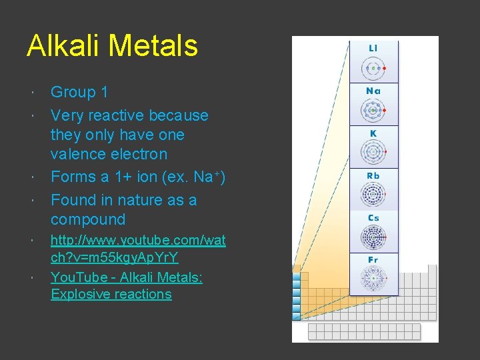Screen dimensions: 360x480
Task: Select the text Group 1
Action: click(79, 93)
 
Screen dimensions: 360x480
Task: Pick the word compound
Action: click(88, 219)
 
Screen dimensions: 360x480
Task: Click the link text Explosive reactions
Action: click(111, 294)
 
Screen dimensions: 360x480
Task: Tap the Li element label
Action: click(373, 49)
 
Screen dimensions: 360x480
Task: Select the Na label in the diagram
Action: click(373, 91)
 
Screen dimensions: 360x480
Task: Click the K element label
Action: click(373, 133)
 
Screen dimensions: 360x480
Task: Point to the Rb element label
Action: click(373, 176)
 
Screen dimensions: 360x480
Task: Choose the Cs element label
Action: click(373, 218)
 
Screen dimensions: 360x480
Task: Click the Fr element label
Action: click(373, 260)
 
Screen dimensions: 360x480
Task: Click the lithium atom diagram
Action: click(373, 68)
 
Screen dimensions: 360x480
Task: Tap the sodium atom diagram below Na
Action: click(373, 110)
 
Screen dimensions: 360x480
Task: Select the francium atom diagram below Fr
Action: click(373, 279)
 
